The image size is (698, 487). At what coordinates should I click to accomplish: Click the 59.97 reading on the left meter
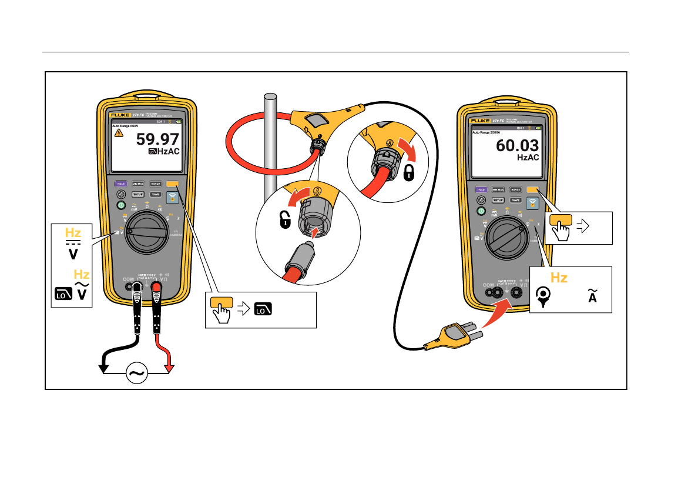point(157,139)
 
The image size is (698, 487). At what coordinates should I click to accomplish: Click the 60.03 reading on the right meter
point(517,146)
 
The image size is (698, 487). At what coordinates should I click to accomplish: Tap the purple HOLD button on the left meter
point(121,184)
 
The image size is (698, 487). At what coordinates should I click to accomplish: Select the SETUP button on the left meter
point(138,194)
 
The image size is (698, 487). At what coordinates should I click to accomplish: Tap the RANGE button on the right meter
point(515,190)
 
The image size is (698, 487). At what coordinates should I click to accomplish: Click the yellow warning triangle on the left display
point(119,134)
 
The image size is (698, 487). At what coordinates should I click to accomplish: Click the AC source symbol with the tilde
point(136,373)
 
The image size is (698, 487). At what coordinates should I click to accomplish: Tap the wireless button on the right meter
point(533,204)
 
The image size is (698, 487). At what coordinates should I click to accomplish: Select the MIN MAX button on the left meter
point(138,184)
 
